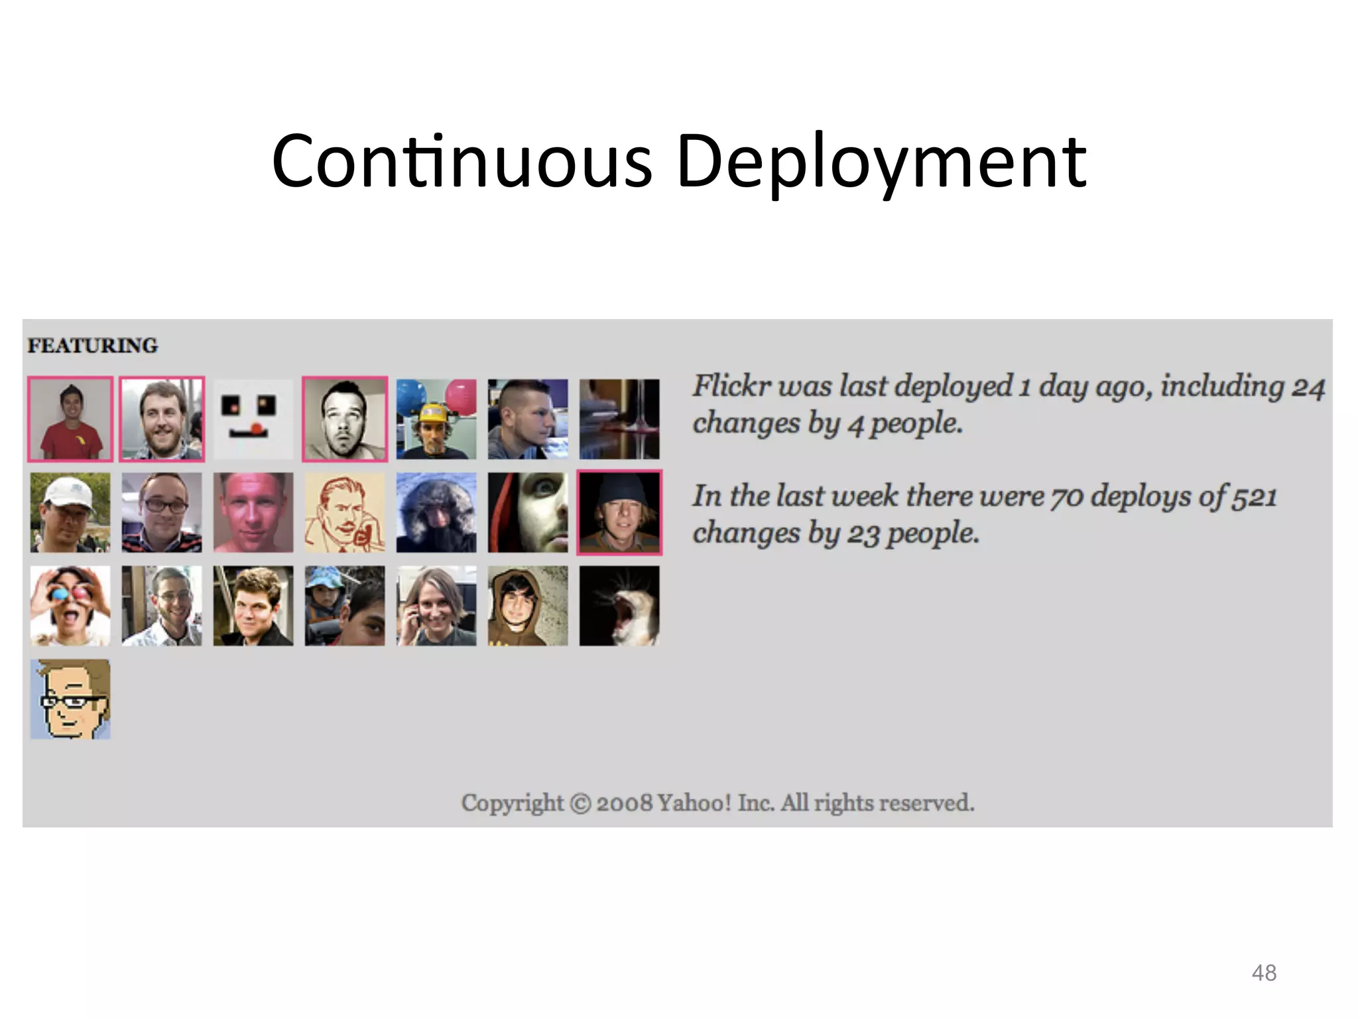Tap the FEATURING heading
[x=93, y=346]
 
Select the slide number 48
[x=1264, y=973]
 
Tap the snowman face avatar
[x=253, y=419]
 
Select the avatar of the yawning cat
[x=619, y=606]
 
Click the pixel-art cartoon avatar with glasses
[x=70, y=699]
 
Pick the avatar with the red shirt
[x=70, y=419]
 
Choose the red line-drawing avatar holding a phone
[x=345, y=513]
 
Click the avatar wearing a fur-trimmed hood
[x=436, y=513]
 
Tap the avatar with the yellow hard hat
[x=436, y=419]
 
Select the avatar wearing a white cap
[x=70, y=513]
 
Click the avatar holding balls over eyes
[x=70, y=606]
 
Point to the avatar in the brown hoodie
[x=528, y=606]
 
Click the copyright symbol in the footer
[x=580, y=803]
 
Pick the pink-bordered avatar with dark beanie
[x=619, y=513]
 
